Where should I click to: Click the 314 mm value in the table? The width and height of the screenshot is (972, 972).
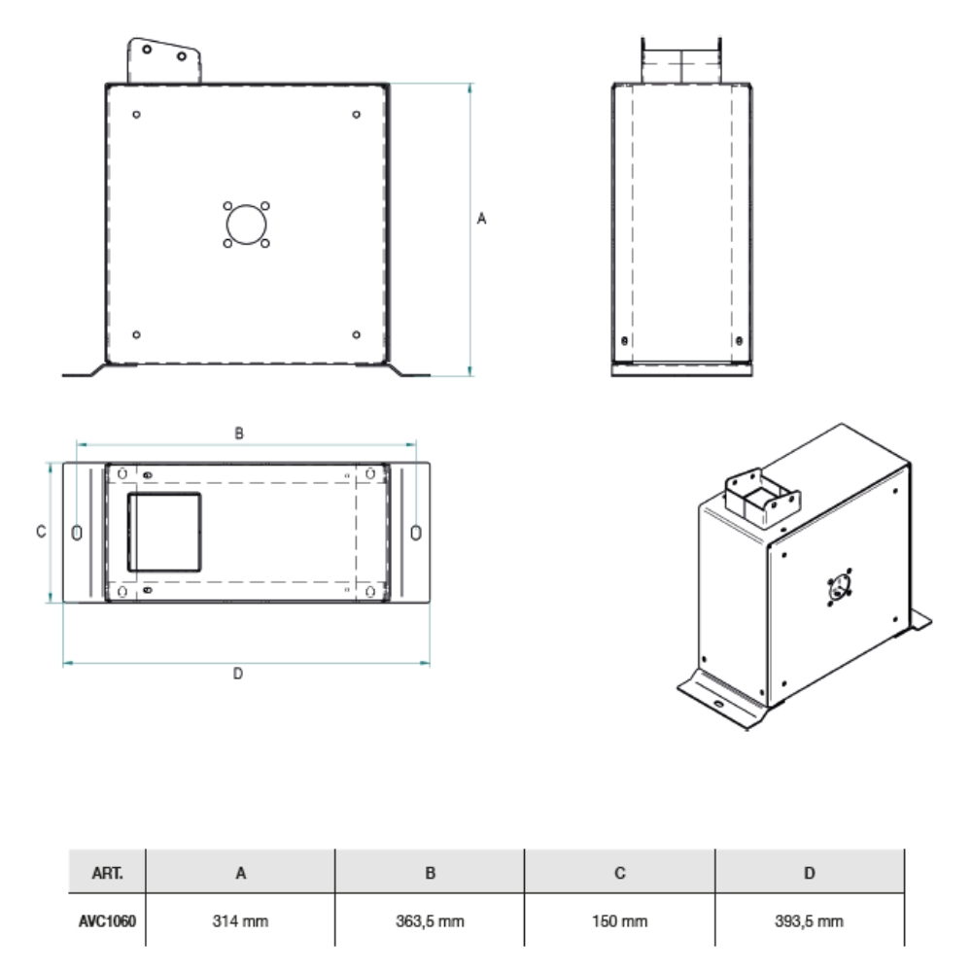(240, 920)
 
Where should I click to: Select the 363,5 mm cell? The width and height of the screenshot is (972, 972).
(430, 920)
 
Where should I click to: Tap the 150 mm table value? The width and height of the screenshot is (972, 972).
(619, 920)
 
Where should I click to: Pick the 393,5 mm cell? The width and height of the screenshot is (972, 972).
(809, 920)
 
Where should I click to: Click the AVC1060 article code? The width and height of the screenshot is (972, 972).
(106, 920)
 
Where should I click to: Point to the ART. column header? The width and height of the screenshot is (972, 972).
(106, 873)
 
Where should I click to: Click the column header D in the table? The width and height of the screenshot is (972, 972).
(809, 873)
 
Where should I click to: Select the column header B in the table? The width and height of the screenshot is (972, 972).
(430, 873)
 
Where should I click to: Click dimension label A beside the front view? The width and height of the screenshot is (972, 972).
(481, 221)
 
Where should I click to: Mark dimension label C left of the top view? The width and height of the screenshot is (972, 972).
(39, 532)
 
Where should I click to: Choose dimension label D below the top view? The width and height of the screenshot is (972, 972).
(238, 675)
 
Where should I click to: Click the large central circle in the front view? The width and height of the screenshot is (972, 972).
(245, 226)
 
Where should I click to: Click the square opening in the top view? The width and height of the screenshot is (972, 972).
(166, 532)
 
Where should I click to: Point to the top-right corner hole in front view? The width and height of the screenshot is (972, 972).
(357, 115)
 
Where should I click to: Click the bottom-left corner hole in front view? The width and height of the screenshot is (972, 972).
(136, 334)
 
